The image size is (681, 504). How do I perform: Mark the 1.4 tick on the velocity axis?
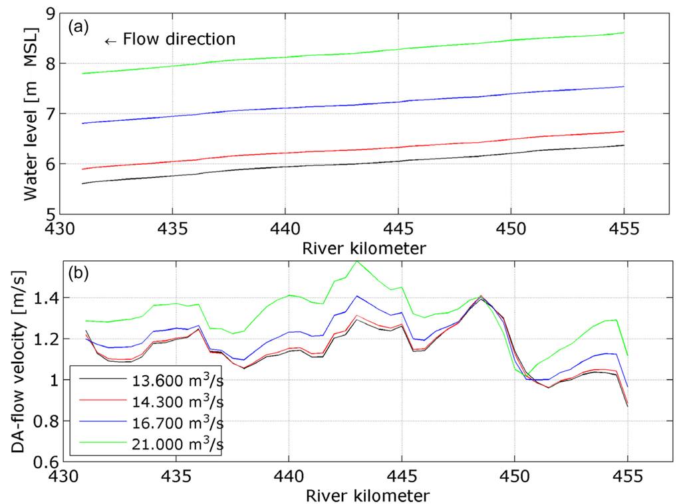tap(47, 298)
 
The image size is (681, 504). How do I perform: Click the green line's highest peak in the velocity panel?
tap(357, 261)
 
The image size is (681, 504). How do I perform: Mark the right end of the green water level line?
tap(624, 33)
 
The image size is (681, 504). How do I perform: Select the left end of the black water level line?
tap(82, 183)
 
